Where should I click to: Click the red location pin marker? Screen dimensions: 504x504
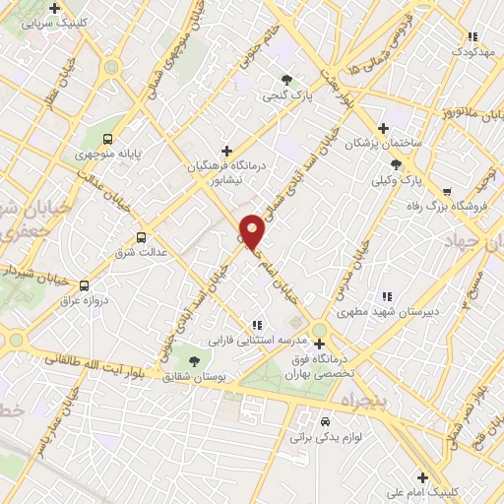click(253, 231)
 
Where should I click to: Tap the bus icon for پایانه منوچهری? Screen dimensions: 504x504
click(107, 139)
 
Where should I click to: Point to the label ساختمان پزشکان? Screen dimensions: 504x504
click(383, 144)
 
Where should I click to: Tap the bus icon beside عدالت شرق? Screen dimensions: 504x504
click(142, 236)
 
